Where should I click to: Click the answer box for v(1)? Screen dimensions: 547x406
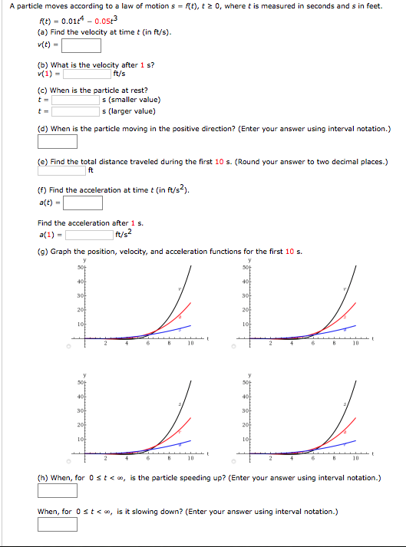[87, 74]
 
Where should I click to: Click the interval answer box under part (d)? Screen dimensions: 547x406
[58, 141]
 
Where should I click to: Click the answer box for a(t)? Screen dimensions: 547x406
[83, 203]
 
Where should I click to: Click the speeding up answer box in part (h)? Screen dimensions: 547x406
[58, 490]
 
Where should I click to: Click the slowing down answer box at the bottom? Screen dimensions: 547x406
[58, 524]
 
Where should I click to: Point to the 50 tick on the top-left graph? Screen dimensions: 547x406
[79, 268]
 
